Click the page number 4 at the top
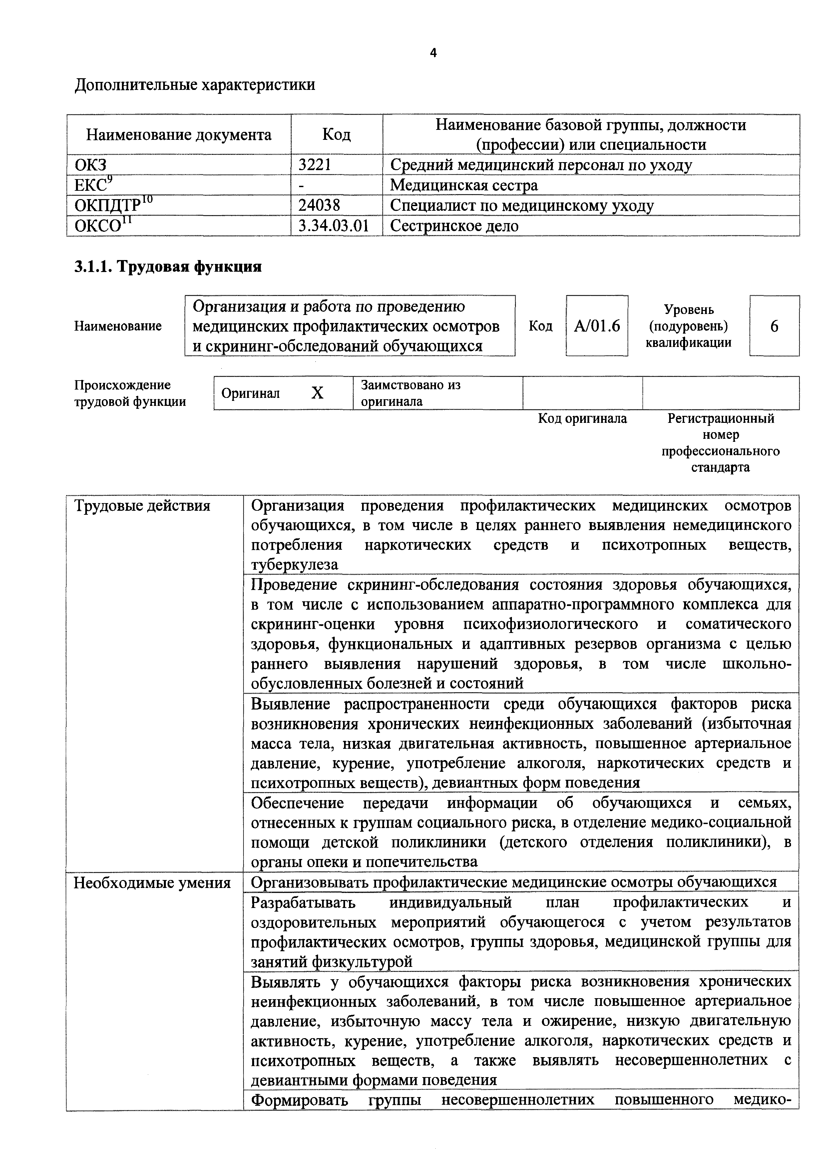click(433, 53)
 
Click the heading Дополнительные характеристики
click(195, 85)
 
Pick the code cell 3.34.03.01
click(333, 226)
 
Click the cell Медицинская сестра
click(464, 185)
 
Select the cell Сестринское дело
click(454, 226)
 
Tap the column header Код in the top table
click(336, 135)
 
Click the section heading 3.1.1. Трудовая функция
click(168, 267)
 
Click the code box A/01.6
click(597, 326)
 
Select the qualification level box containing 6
click(774, 326)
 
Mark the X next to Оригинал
click(317, 393)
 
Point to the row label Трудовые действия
click(142, 506)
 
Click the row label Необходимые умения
click(152, 883)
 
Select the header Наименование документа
click(179, 135)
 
